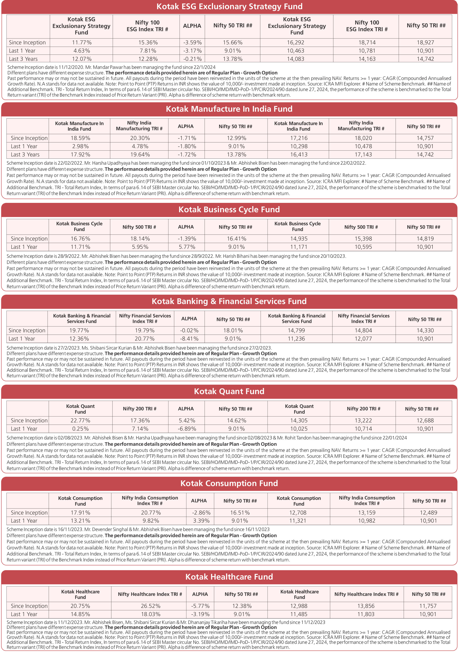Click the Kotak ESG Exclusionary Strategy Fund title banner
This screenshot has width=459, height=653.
pos(229,7)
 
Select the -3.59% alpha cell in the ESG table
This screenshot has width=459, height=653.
pos(192,43)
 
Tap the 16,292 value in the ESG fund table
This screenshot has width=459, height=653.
pos(297,43)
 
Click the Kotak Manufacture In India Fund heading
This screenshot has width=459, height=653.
pos(229,109)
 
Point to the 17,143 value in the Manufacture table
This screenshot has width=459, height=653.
pos(363,155)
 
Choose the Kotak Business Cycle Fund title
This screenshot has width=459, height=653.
pos(229,210)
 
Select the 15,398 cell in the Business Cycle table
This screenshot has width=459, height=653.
pos(363,239)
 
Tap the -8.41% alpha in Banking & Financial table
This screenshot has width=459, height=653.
pos(189,339)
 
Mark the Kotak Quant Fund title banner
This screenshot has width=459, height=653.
pos(229,391)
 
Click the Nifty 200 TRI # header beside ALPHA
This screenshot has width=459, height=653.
pos(140,409)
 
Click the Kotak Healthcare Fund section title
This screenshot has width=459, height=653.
pos(229,577)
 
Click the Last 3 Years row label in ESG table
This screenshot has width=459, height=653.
pos(23,59)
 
